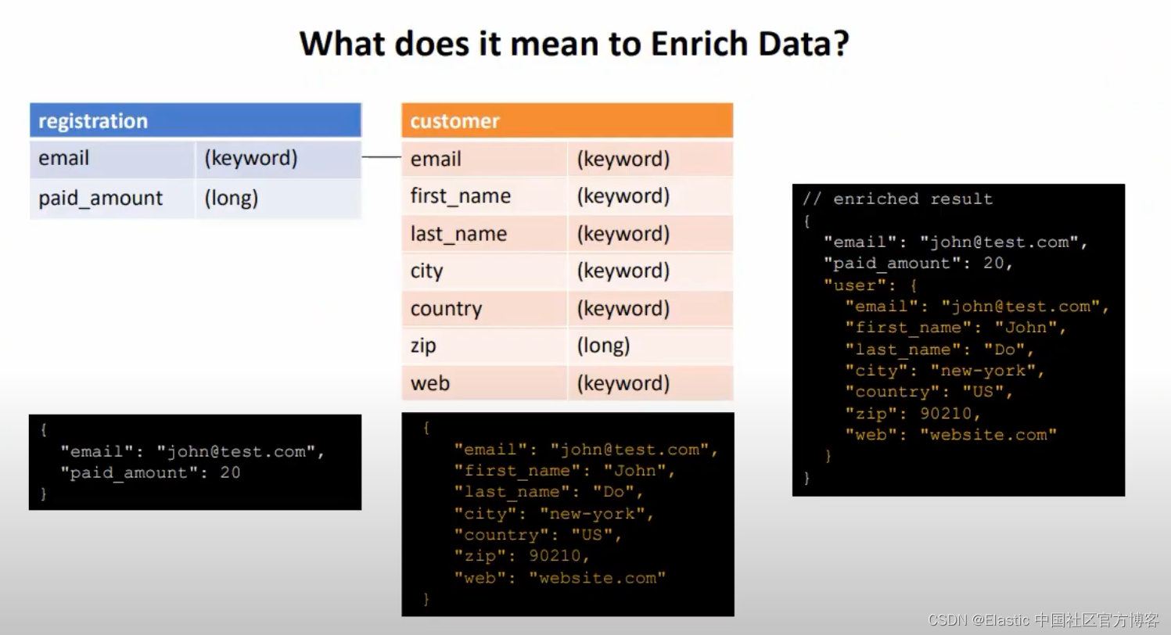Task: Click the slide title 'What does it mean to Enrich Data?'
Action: click(x=574, y=44)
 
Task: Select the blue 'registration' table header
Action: click(x=196, y=121)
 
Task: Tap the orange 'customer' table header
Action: click(x=567, y=121)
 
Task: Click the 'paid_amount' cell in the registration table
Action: click(x=101, y=199)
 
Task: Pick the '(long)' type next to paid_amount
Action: click(x=231, y=199)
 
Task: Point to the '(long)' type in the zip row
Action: click(x=603, y=346)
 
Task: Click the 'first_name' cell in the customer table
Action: click(x=460, y=196)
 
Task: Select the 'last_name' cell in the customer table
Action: click(x=458, y=234)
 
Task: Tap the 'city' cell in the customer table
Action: click(x=427, y=271)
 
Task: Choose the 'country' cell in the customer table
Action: click(x=446, y=309)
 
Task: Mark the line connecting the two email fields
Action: click(x=382, y=157)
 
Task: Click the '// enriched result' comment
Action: click(x=898, y=199)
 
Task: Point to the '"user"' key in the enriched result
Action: click(x=850, y=285)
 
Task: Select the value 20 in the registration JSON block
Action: click(x=230, y=472)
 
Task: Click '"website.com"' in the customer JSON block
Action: click(x=597, y=578)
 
